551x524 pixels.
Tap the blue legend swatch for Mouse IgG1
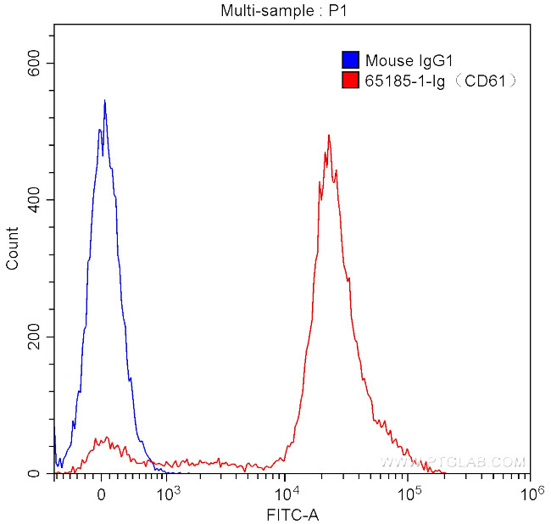(350, 60)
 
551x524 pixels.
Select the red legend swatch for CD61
(350, 81)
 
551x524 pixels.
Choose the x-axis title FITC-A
(292, 514)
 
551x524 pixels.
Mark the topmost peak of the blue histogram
(104, 101)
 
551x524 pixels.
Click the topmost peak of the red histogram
(328, 135)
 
